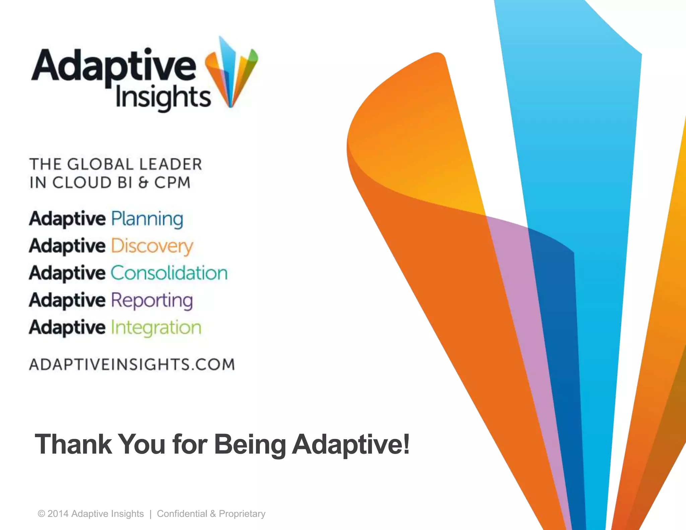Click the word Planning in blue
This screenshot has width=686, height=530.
pyautogui.click(x=147, y=219)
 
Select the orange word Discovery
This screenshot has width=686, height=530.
pyautogui.click(x=152, y=246)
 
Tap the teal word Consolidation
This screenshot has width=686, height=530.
pyautogui.click(x=169, y=273)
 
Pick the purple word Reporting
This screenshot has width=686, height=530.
pyautogui.click(x=152, y=301)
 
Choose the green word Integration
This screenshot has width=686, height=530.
pyautogui.click(x=156, y=328)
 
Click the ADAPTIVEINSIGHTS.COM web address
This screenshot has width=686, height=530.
pyautogui.click(x=132, y=365)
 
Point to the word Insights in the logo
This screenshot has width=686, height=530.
pyautogui.click(x=163, y=97)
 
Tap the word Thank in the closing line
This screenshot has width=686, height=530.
pyautogui.click(x=73, y=444)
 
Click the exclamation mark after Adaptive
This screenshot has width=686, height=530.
pyautogui.click(x=406, y=444)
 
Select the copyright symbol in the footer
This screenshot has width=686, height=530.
pyautogui.click(x=41, y=514)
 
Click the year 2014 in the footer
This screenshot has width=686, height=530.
pyautogui.click(x=58, y=514)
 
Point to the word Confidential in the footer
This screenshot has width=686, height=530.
pyautogui.click(x=182, y=514)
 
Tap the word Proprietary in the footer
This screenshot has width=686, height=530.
pyautogui.click(x=242, y=514)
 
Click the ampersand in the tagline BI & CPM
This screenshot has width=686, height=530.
pyautogui.click(x=143, y=183)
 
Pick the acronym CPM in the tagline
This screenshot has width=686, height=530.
pyautogui.click(x=172, y=183)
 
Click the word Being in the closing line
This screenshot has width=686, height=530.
pyautogui.click(x=250, y=444)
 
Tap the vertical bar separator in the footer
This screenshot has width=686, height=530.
pyautogui.click(x=150, y=514)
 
